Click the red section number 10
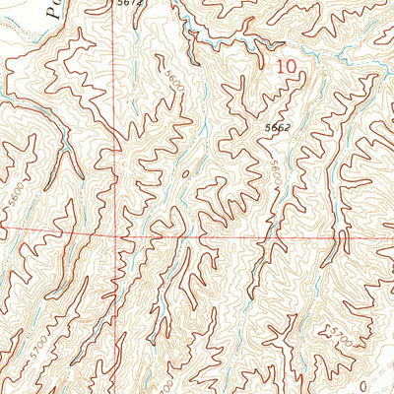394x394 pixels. point(286,67)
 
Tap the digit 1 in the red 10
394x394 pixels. point(280,67)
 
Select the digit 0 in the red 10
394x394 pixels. point(291,67)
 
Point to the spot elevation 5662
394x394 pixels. point(277,127)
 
